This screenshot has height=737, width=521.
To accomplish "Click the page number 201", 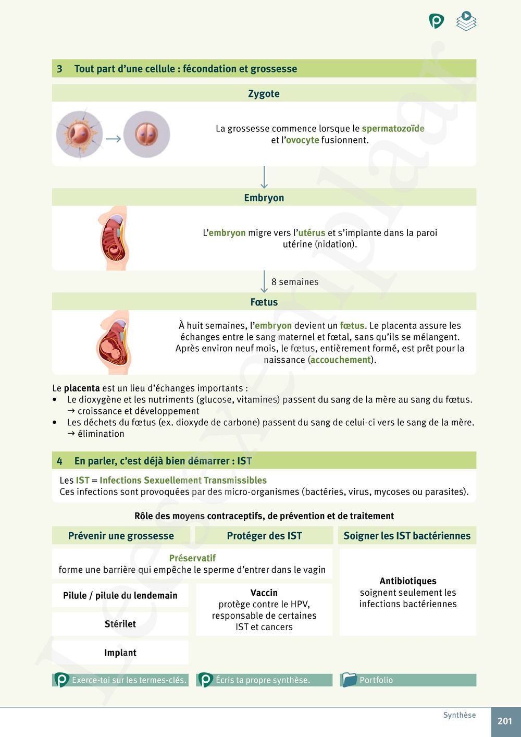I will coord(504,721).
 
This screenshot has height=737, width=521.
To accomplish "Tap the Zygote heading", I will coord(264,94).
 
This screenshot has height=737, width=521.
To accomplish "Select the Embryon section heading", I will coord(264,198).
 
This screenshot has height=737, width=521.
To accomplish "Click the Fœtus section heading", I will coord(264,302).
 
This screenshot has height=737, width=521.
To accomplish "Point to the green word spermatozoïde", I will coord(393,129).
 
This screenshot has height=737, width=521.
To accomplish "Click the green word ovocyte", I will coord(302,140).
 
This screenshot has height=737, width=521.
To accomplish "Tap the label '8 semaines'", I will coord(295,282).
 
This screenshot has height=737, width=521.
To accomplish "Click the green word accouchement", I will coord(340,360).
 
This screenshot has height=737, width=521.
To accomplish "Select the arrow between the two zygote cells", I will coord(113,139).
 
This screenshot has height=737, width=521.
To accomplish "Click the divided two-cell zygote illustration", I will coord(146,134).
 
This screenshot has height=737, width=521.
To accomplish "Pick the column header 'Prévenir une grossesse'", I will coord(121,536).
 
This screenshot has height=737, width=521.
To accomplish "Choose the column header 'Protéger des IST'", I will coord(264,536).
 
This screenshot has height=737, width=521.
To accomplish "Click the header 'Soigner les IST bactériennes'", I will coord(407,536).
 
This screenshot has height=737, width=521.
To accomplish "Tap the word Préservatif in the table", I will coord(192,558).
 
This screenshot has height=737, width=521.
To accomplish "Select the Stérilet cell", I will coord(120,624).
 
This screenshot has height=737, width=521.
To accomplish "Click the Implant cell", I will coord(120,653).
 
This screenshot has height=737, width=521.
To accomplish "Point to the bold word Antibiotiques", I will coord(408,581).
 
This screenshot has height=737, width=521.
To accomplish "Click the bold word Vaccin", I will coord(264,593).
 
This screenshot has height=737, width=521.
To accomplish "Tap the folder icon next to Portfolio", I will coord(349,680).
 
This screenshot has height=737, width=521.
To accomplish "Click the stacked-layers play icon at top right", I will coord(466,21).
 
